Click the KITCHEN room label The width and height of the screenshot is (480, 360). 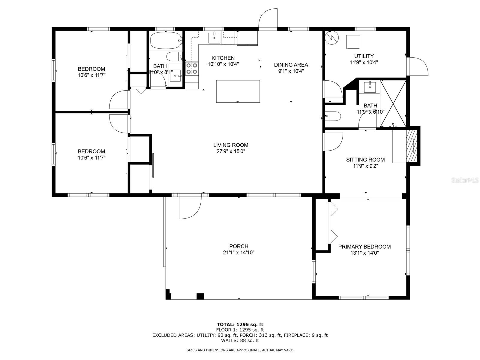coord(223,58)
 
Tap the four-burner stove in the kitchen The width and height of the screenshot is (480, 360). coord(192,68)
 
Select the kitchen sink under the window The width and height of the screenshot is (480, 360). coord(214,37)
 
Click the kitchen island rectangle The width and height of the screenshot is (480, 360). coord(238,91)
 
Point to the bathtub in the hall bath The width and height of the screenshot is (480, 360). coord(166,41)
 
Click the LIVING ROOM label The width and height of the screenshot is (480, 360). coord(231,145)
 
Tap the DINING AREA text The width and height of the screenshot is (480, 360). coord(291,65)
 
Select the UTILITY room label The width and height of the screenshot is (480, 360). coord(364,56)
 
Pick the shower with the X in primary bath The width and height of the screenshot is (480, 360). coord(393,103)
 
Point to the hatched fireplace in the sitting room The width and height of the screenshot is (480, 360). coord(412,146)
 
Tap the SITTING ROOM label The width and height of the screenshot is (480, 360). coord(365,160)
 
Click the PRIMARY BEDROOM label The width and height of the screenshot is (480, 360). coord(364,247)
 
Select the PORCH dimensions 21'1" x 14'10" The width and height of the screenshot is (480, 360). coord(238,253)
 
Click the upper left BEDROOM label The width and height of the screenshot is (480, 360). coord(91,69)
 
